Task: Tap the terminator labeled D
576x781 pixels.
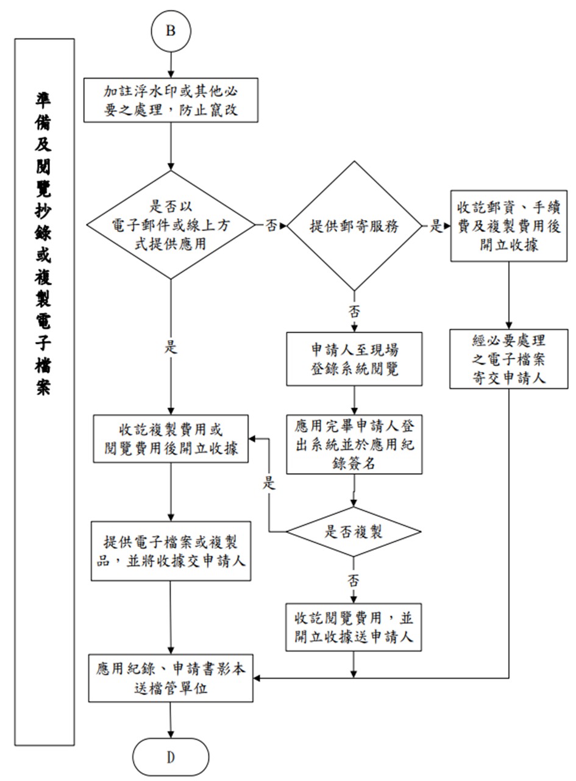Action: point(171,757)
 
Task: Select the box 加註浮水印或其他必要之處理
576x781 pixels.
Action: point(171,101)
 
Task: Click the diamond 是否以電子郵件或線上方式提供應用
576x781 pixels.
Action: point(171,225)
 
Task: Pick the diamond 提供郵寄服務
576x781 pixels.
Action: point(354,226)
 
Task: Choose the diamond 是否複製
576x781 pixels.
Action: point(354,532)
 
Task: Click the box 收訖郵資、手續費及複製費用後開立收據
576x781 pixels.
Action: point(509,226)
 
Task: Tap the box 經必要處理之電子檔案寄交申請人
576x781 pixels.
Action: point(509,358)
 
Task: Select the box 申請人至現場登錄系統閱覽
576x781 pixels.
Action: point(354,359)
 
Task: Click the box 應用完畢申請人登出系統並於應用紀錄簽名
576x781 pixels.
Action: point(354,444)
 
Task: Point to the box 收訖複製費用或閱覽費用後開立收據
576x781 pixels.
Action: point(171,438)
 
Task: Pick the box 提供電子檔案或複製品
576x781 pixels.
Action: point(171,551)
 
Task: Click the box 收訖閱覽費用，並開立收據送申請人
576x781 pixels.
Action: point(354,627)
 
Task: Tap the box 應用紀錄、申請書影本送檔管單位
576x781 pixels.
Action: point(171,678)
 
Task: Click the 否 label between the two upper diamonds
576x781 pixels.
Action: point(270,226)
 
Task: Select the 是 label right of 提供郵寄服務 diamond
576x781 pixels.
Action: point(436,226)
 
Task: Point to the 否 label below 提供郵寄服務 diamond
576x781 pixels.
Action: point(354,311)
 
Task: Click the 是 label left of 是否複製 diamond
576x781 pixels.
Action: point(269,484)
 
